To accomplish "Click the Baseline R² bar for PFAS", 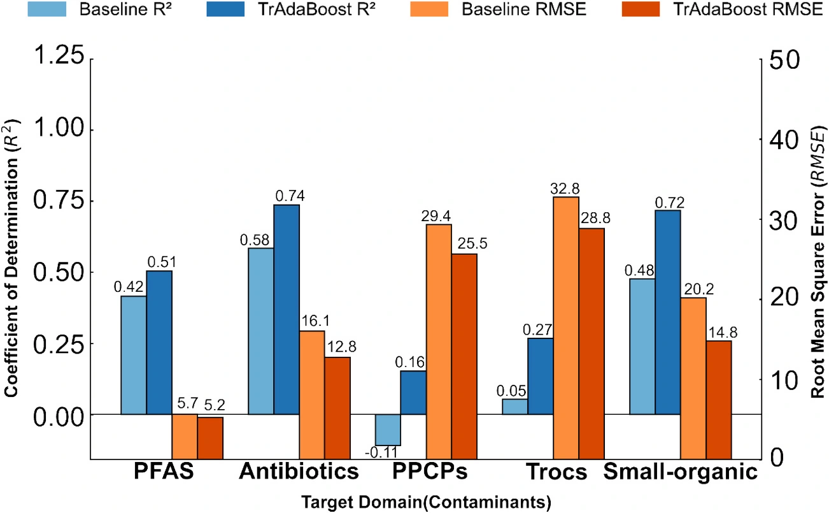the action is tap(134, 355).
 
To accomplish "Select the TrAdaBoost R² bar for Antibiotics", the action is tap(287, 309).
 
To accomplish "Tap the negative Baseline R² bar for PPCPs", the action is tap(388, 430).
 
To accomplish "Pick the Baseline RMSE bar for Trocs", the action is tap(566, 328).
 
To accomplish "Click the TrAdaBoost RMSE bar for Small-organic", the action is tap(719, 400).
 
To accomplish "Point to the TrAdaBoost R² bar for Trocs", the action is tap(541, 376).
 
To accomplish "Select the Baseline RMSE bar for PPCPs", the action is tap(439, 342).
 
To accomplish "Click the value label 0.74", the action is tap(290, 196).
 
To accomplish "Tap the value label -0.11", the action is tap(381, 452).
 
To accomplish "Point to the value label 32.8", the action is tap(565, 189).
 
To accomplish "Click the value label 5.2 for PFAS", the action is tap(215, 405).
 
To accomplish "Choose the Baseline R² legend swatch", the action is tap(47, 9).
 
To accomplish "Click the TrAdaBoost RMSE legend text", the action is tap(748, 10).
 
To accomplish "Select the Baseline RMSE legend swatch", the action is tap(429, 9).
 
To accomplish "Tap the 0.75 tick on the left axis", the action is tap(59, 201).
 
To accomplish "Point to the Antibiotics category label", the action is tap(299, 472).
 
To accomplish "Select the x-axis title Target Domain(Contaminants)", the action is tap(427, 502).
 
